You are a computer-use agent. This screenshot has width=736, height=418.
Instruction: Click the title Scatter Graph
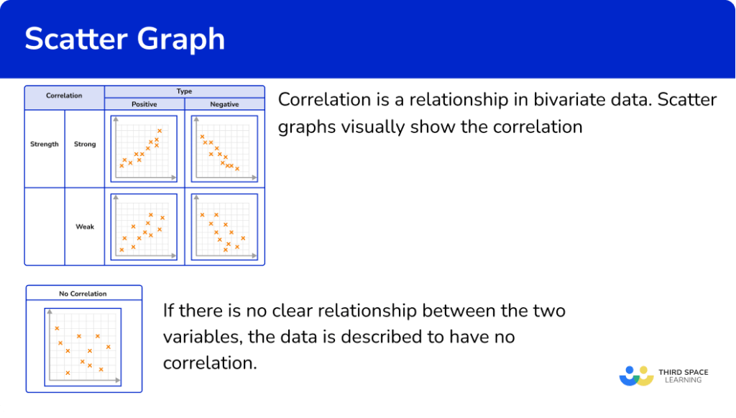(125, 39)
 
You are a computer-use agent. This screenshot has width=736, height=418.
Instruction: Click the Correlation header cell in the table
(64, 95)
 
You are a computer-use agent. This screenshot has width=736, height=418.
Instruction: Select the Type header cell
(184, 91)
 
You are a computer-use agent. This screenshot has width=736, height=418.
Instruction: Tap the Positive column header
(144, 104)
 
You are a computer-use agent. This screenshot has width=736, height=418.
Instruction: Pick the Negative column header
(224, 104)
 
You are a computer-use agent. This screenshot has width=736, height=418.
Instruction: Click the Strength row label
(45, 145)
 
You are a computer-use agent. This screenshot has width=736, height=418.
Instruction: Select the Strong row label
(85, 145)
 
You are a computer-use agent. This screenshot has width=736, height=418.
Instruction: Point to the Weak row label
(85, 227)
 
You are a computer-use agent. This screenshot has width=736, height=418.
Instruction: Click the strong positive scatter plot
(144, 148)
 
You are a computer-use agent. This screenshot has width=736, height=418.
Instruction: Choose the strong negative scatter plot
(224, 148)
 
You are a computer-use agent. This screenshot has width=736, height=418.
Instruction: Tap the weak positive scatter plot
(144, 227)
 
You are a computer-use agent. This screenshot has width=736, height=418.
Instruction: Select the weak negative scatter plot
(224, 227)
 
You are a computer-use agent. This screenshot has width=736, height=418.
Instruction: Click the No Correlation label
(83, 294)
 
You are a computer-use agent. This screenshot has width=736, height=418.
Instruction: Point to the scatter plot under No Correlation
(83, 346)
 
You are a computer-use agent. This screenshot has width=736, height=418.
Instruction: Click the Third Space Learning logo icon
(635, 376)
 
